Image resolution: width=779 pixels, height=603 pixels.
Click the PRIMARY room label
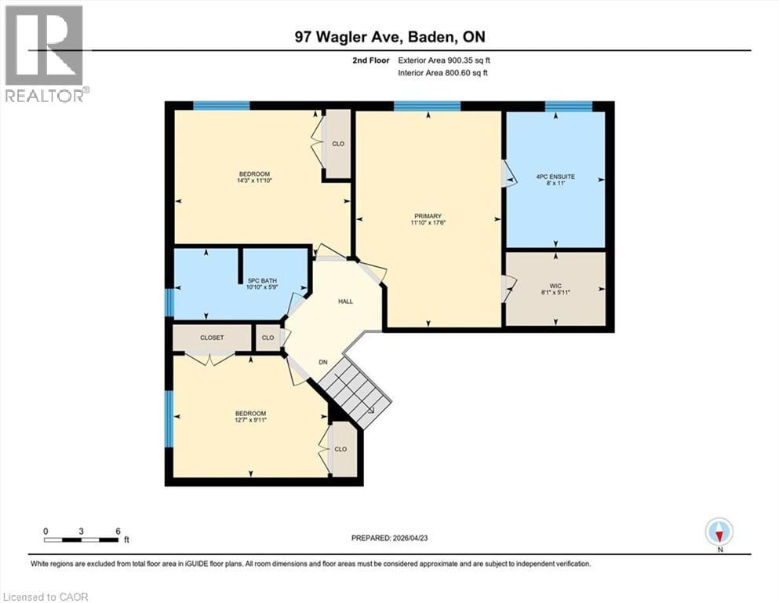tap(429, 217)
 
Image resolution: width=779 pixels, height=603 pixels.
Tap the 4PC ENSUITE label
tap(555, 177)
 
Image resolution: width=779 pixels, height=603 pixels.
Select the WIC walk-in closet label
tap(555, 287)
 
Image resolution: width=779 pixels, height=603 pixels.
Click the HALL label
tap(345, 301)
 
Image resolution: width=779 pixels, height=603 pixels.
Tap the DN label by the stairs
tap(322, 362)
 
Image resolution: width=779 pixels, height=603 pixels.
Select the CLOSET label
tap(212, 338)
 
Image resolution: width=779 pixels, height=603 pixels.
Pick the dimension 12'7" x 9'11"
tap(251, 422)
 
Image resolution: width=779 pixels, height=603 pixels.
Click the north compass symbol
tap(719, 532)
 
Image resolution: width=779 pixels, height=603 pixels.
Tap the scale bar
tap(82, 539)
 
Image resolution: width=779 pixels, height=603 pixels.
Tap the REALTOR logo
tap(45, 53)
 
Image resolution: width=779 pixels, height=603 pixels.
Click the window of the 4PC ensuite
tap(568, 107)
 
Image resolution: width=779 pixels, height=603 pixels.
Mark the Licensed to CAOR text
tap(46, 597)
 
